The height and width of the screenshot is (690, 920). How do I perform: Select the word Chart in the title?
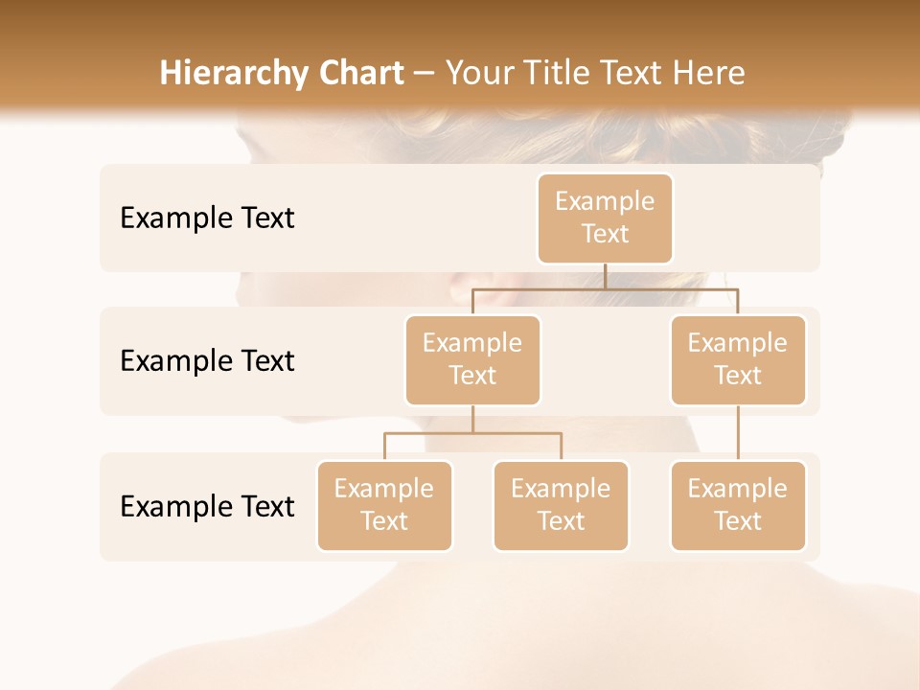point(361,74)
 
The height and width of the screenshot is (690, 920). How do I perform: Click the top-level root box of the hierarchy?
point(605,218)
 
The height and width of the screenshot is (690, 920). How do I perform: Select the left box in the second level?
point(472,359)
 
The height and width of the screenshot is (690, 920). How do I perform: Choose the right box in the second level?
point(738,359)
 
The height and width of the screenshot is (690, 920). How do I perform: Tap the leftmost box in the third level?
point(384,505)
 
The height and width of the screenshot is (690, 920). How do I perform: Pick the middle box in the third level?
point(561,505)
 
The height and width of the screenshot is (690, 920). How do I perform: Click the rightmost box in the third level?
point(738,505)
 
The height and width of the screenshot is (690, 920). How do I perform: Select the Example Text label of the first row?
point(207,218)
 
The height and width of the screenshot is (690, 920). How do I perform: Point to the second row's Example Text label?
point(207,360)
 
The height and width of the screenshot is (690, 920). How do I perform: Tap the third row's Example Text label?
point(207,506)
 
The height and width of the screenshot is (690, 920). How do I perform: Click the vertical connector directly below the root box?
point(605,276)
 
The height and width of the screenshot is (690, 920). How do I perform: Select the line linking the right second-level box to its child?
point(738,433)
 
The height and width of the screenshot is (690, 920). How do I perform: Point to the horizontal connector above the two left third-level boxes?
point(472,433)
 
